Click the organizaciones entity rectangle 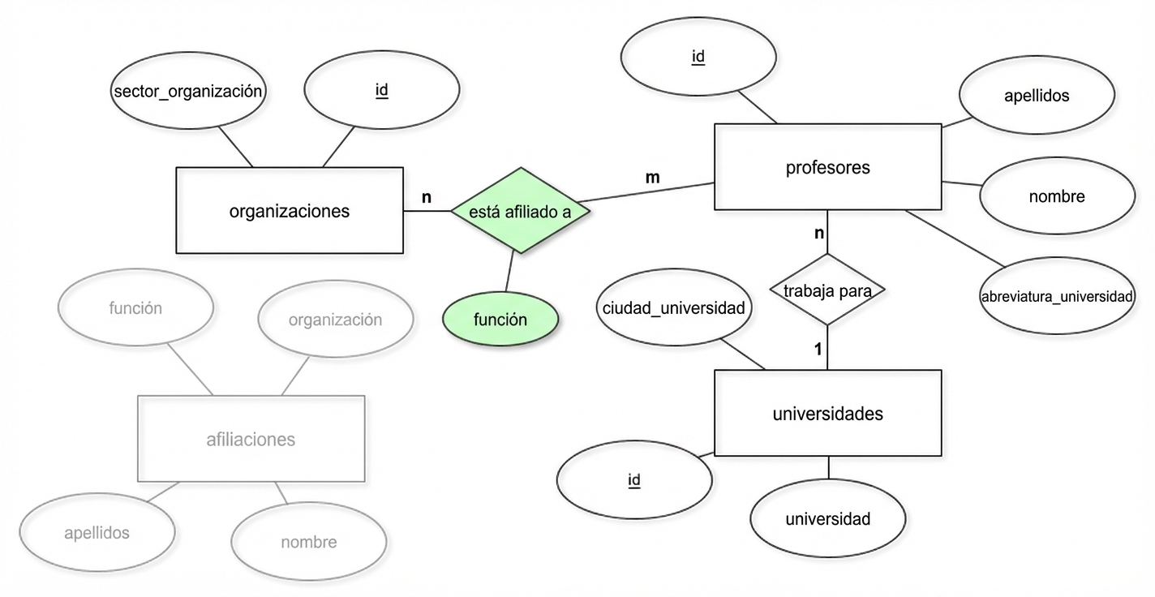(290, 211)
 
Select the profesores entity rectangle (827, 168)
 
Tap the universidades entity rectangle (827, 414)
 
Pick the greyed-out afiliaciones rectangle (251, 440)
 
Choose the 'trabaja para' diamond (827, 290)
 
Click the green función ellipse (500, 320)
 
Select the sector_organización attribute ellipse (188, 91)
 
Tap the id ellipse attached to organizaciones (381, 91)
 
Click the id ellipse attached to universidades (634, 480)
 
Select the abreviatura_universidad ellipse (1056, 296)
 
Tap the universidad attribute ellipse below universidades (827, 519)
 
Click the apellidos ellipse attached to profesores (1036, 96)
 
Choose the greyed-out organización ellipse (335, 320)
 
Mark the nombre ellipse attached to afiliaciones (308, 542)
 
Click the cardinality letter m (652, 177)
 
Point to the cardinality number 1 (818, 350)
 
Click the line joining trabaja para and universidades (827, 347)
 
